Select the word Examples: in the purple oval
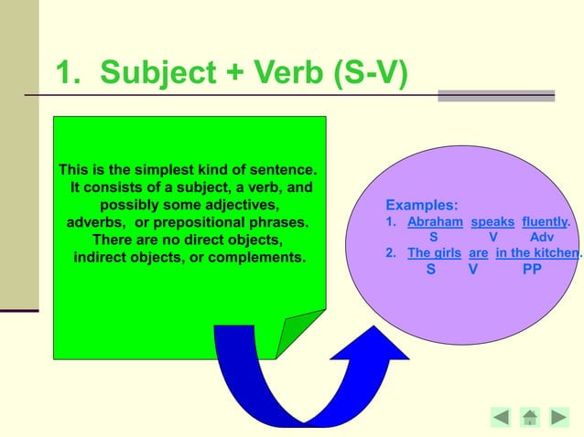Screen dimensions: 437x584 (x=421, y=206)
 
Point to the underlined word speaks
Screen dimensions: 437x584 (x=492, y=222)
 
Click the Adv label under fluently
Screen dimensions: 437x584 (x=542, y=237)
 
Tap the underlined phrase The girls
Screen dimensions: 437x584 (x=434, y=253)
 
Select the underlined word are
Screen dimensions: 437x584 (x=478, y=253)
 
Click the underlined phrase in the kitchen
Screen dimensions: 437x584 (x=536, y=253)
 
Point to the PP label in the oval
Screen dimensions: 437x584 (x=532, y=271)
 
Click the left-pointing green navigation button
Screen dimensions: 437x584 (x=501, y=418)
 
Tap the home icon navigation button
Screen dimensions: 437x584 (x=530, y=418)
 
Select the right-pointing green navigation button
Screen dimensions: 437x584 (x=558, y=418)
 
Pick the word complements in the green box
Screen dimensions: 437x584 (x=257, y=257)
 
